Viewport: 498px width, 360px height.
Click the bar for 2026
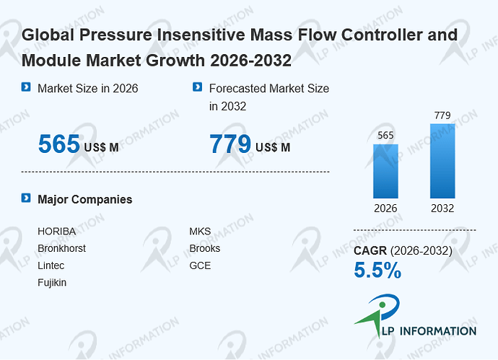pyautogui.click(x=385, y=172)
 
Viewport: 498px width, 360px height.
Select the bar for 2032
pyautogui.click(x=442, y=161)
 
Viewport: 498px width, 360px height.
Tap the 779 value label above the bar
pyautogui.click(x=442, y=115)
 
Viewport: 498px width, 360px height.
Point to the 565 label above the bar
pyautogui.click(x=385, y=136)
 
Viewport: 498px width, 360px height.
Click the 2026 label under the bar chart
pyautogui.click(x=385, y=208)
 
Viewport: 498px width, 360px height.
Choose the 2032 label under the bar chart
pyautogui.click(x=442, y=208)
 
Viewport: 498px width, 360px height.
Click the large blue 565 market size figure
pyautogui.click(x=59, y=144)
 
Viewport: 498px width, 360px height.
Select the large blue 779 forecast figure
pyautogui.click(x=230, y=144)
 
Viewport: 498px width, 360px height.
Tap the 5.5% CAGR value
pyautogui.click(x=377, y=270)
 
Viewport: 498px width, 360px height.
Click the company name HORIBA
pyautogui.click(x=57, y=232)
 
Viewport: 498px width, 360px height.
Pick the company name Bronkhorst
pyautogui.click(x=61, y=248)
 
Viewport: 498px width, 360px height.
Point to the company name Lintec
pyautogui.click(x=51, y=265)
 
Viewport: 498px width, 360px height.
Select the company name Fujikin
pyautogui.click(x=52, y=283)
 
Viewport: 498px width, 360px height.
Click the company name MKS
pyautogui.click(x=200, y=232)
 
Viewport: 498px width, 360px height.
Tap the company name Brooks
pyautogui.click(x=205, y=248)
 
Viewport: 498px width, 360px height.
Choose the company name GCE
pyautogui.click(x=200, y=265)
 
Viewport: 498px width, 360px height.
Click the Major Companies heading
pyautogui.click(x=84, y=199)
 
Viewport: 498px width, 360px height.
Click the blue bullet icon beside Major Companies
pyautogui.click(x=26, y=198)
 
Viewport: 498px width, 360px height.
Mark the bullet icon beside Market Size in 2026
pyautogui.click(x=26, y=87)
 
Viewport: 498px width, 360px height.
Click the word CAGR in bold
pyautogui.click(x=370, y=251)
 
